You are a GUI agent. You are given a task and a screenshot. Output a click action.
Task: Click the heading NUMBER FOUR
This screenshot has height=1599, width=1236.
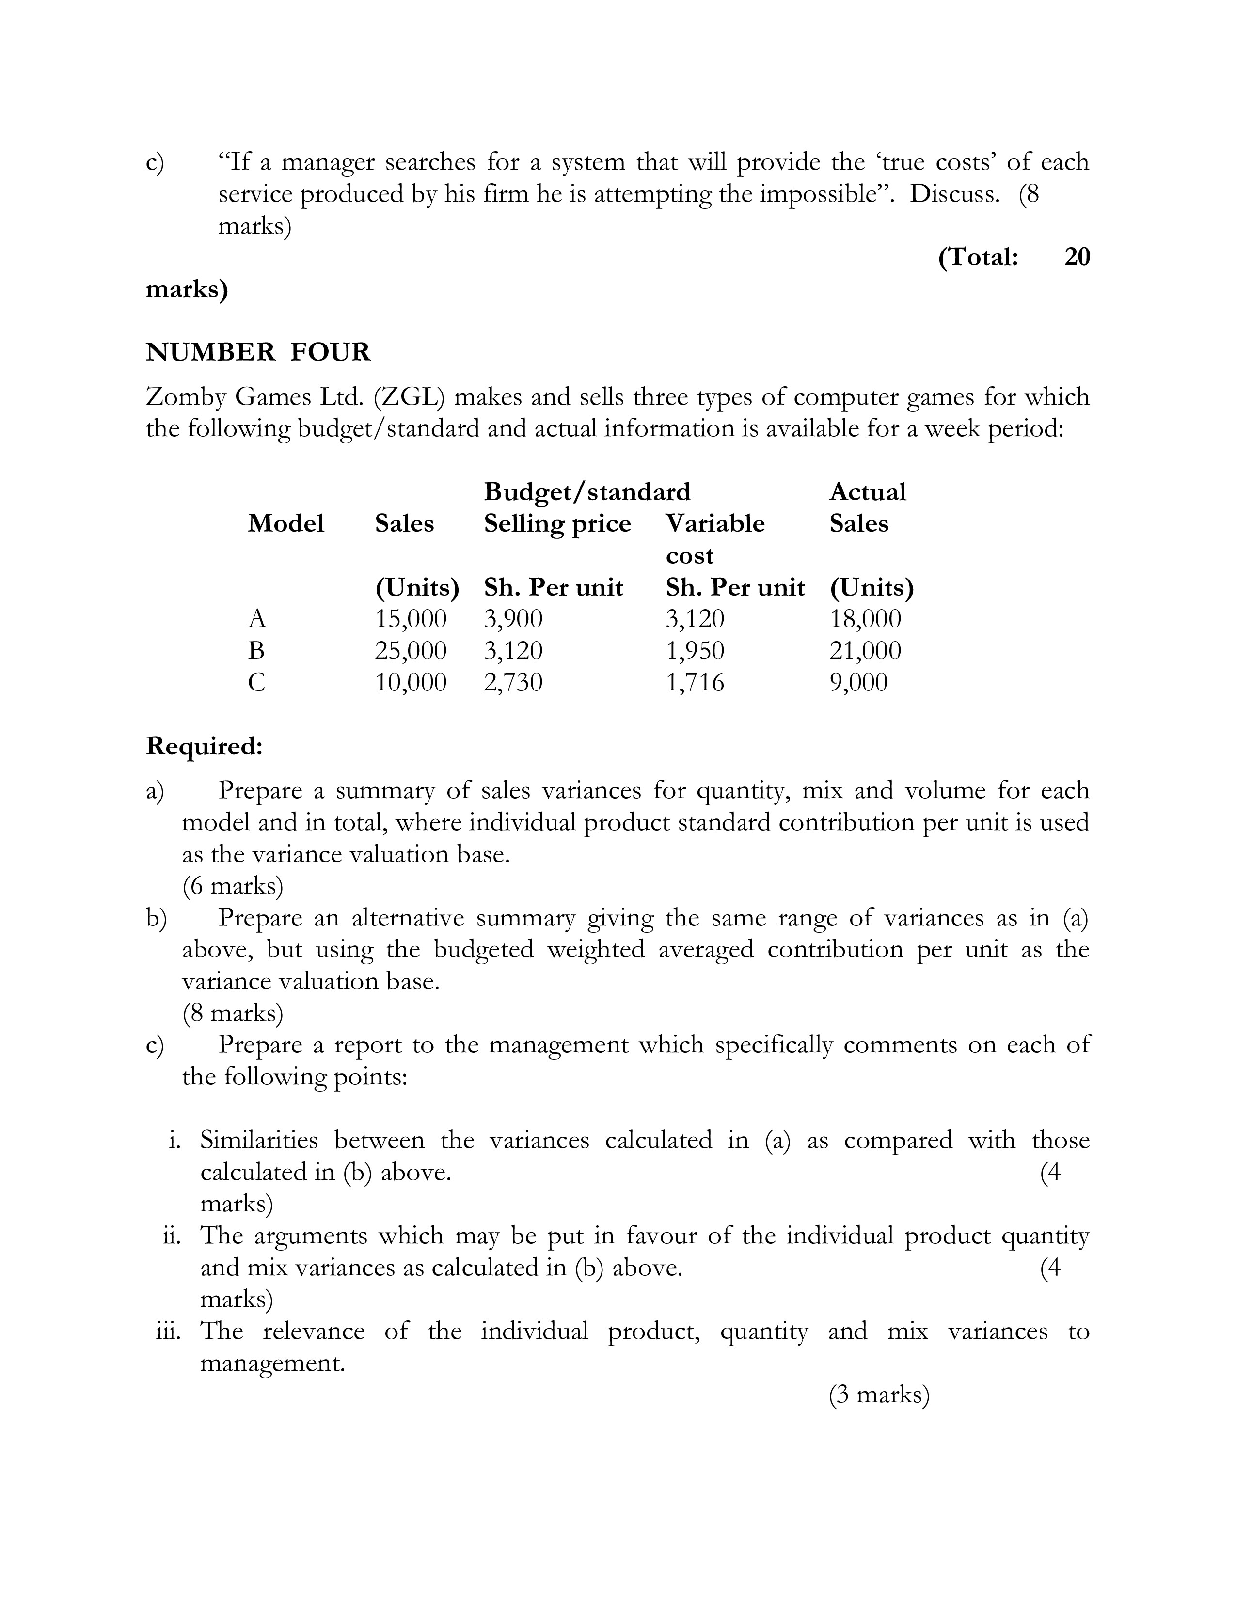point(258,352)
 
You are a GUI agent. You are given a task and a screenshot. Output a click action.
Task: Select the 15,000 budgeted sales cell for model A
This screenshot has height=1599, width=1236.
point(410,619)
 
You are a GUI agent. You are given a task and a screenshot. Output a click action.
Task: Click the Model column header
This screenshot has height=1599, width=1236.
point(285,523)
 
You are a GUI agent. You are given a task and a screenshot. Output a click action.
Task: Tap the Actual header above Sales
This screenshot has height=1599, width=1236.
point(868,491)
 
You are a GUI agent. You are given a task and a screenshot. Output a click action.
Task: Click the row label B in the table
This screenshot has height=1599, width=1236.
point(256,651)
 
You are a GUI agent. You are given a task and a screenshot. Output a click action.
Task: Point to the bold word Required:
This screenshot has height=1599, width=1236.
point(204,746)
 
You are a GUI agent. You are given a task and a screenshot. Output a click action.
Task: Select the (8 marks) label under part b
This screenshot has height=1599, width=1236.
point(232,1013)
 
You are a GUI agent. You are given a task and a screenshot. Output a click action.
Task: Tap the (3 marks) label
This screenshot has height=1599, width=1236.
point(879,1395)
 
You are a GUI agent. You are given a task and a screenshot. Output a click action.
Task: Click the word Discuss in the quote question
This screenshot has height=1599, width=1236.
point(954,194)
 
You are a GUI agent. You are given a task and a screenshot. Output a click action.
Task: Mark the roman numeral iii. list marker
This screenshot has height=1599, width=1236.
point(173,1331)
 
